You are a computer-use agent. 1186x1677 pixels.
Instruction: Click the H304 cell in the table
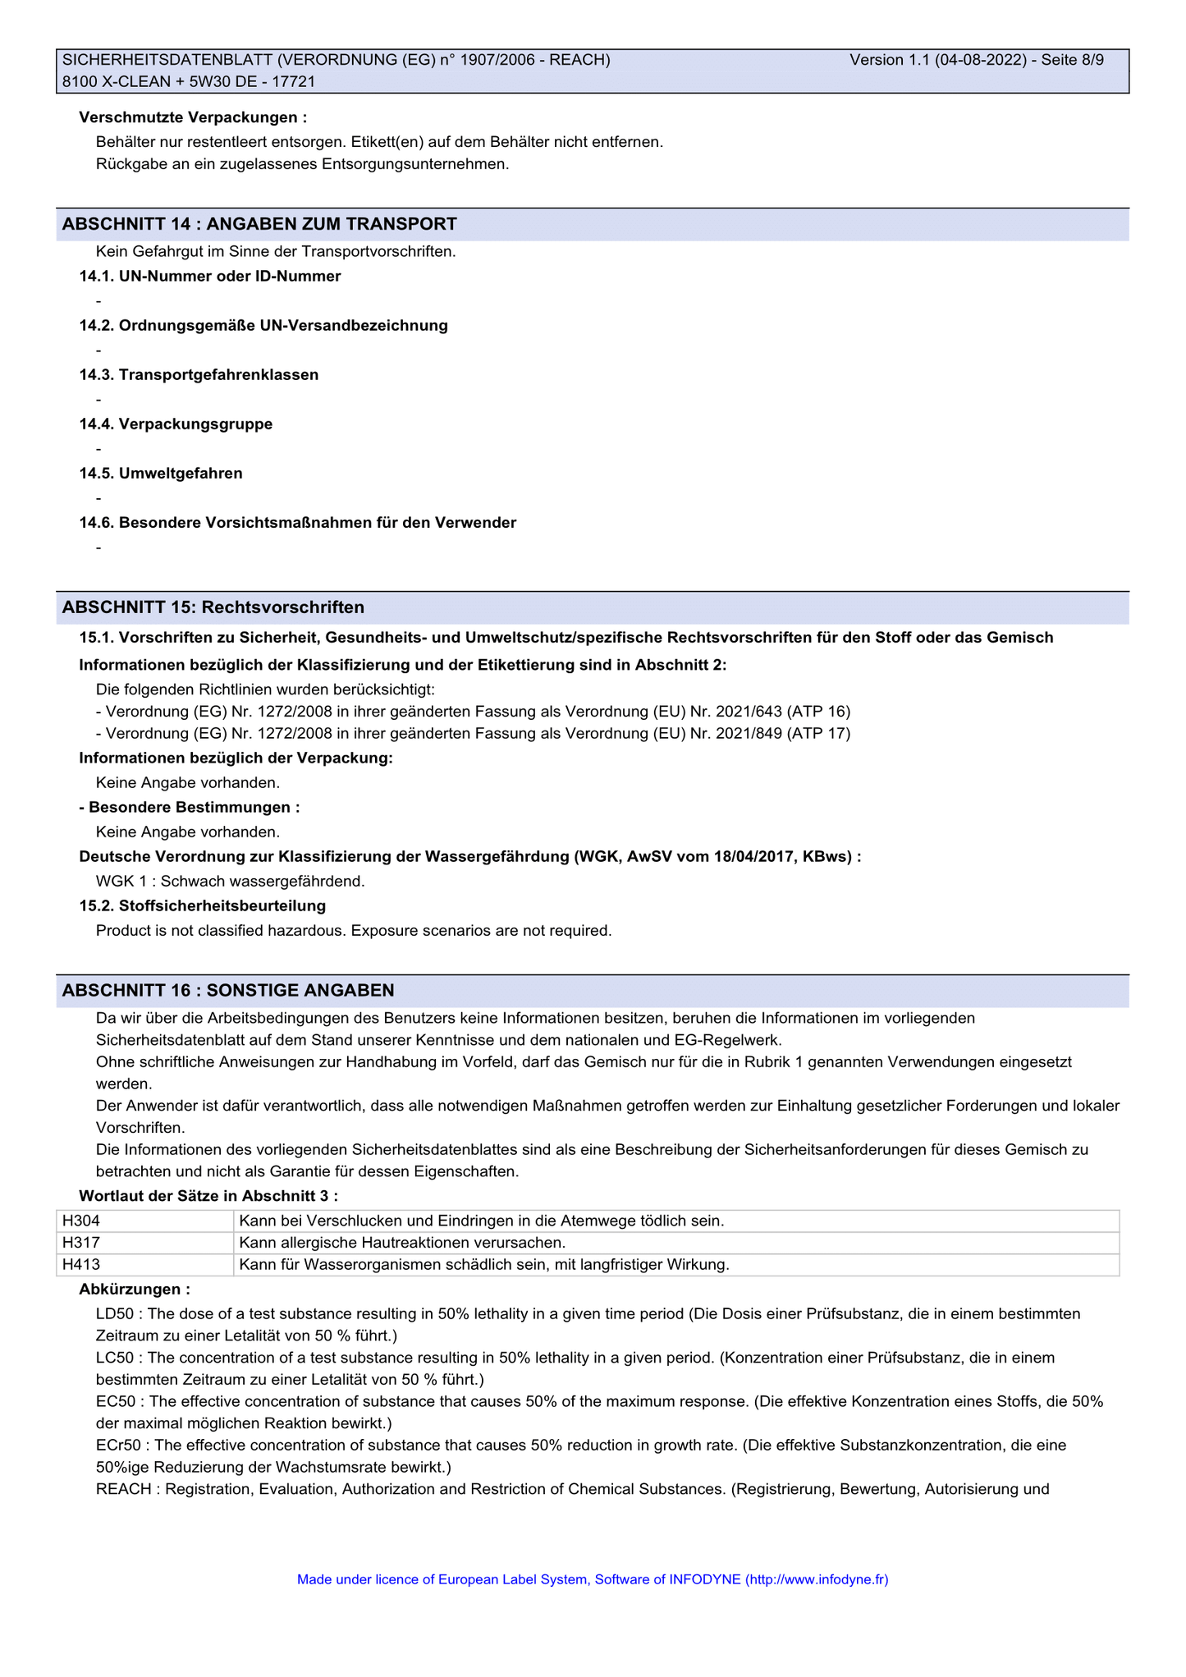[81, 1221]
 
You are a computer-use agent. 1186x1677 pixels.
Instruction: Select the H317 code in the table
[81, 1243]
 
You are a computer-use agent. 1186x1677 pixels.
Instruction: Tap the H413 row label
[81, 1265]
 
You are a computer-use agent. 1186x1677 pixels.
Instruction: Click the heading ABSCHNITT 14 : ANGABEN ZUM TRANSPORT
[259, 224]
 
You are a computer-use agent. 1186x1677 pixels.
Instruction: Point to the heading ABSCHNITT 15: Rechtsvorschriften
[213, 607]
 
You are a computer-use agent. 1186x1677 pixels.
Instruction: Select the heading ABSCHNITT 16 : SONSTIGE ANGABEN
[228, 991]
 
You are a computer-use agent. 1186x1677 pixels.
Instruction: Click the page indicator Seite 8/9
[1073, 60]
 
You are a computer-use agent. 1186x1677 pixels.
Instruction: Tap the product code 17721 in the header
[296, 81]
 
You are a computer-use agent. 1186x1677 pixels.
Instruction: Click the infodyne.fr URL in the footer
[816, 1579]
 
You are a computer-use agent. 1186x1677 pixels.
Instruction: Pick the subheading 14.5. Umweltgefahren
[161, 474]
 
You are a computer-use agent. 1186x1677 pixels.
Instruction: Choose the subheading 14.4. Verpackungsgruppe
[176, 424]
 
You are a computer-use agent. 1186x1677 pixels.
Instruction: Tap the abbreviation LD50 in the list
[114, 1313]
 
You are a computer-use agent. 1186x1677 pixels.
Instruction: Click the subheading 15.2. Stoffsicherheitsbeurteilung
[203, 906]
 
